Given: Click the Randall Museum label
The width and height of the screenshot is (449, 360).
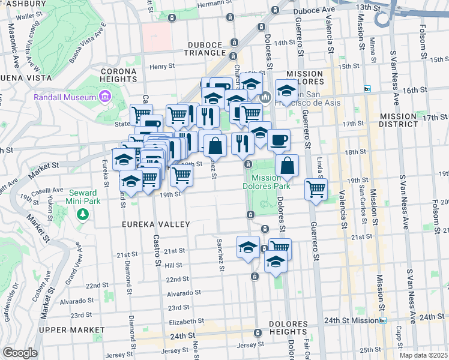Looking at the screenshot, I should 65,97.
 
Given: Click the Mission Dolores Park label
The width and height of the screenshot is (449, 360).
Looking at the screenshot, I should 271,182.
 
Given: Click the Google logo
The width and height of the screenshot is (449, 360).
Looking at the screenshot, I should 20,353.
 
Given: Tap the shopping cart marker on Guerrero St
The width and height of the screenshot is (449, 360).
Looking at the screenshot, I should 316,188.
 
